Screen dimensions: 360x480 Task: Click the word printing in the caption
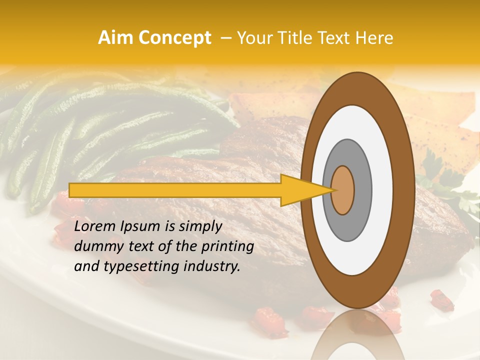tap(228, 246)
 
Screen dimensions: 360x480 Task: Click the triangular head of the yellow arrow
tap(305, 190)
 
